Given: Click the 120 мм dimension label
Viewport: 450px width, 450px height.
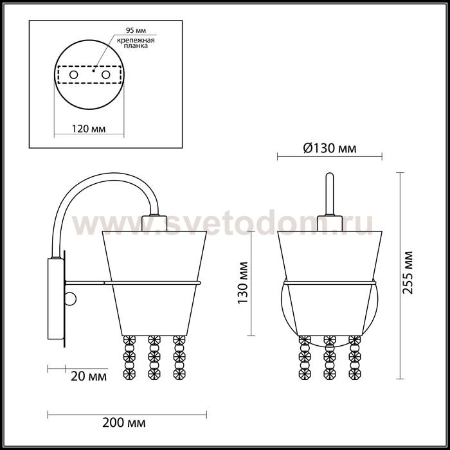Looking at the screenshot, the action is coord(89,129).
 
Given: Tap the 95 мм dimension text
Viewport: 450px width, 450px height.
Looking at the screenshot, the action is coord(136,30).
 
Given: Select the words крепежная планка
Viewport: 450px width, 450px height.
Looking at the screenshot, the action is coord(136,43).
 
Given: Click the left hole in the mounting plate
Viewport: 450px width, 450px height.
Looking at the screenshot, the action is coord(74,75).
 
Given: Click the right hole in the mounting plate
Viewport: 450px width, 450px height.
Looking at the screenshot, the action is coord(105,75).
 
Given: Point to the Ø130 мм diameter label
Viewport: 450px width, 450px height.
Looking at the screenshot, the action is coord(330,148).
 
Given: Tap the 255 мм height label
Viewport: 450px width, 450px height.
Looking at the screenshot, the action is coord(408,273).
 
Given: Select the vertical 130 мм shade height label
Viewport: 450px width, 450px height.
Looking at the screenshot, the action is coord(243,283).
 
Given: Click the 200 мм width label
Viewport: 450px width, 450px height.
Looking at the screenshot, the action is coord(124,422).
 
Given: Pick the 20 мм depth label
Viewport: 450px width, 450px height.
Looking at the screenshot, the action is coord(89,376).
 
